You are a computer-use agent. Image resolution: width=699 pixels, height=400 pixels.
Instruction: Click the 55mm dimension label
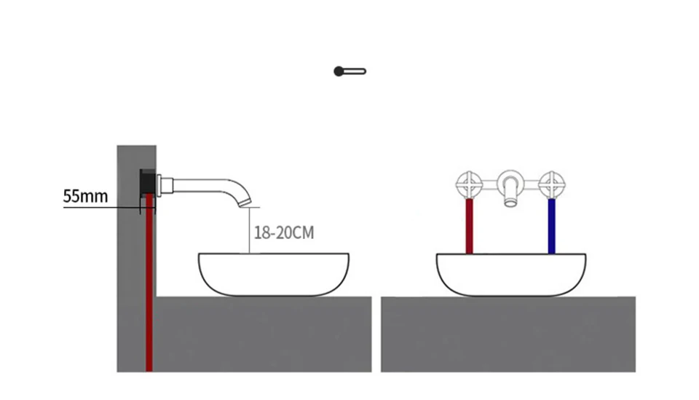[x=85, y=195]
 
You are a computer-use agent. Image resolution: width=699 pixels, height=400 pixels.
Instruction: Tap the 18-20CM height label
[x=284, y=233]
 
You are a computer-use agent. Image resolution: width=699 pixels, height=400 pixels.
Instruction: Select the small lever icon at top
[x=350, y=71]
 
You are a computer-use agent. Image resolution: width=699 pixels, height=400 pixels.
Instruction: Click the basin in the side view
[x=273, y=274]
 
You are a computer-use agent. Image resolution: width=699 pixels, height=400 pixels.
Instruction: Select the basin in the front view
[x=511, y=274]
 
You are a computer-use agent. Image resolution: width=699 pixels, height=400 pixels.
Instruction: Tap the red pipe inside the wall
[x=149, y=291]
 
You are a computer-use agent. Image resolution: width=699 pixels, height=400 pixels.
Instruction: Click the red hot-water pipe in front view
[x=470, y=226]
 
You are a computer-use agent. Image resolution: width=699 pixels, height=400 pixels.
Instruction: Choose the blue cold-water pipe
[x=551, y=226]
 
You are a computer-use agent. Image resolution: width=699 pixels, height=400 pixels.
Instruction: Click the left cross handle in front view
[x=470, y=184]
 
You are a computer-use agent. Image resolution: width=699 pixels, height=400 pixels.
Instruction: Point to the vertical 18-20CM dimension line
[x=249, y=230]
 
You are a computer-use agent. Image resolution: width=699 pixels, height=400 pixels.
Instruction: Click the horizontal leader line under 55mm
[x=102, y=208]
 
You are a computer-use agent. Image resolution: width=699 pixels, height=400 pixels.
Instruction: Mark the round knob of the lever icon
[x=339, y=71]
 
